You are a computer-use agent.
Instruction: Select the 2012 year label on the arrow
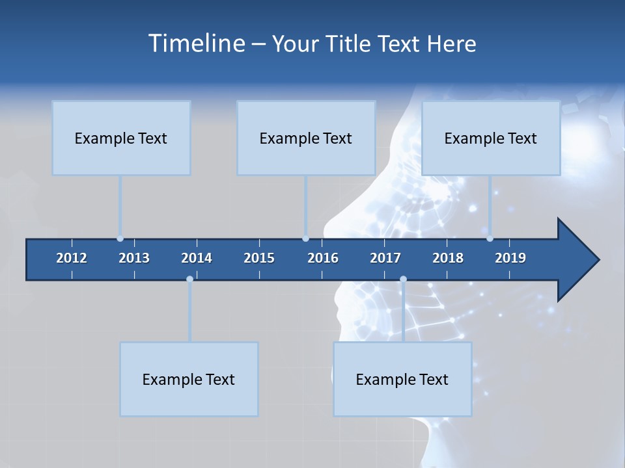72,258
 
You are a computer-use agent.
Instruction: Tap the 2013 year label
134,258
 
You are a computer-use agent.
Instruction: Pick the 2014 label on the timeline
197,258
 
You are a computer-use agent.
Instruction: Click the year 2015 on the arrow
259,258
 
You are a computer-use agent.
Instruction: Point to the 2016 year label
323,258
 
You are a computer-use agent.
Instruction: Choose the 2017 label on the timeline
385,258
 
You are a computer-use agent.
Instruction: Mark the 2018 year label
448,258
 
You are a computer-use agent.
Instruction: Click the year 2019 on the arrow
510,258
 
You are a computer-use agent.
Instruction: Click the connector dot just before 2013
120,239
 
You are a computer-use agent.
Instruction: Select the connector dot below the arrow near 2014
189,279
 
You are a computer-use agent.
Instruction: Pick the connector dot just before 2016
305,239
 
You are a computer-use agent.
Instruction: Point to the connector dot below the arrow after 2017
403,279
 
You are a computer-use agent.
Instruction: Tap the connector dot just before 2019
490,239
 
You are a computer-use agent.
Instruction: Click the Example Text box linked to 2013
121,138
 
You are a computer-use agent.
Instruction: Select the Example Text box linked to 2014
189,379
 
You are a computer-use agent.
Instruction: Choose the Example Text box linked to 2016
306,138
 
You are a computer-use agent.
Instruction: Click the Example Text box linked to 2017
402,379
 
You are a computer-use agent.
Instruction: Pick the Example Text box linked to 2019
491,138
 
